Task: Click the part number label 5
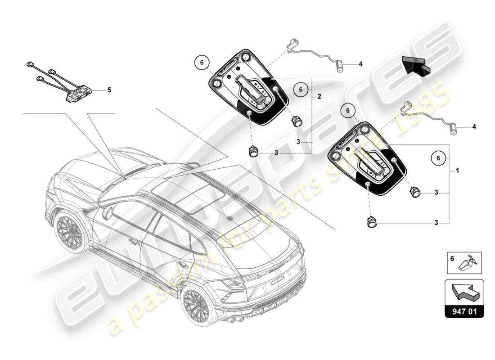108,90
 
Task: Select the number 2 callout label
319,96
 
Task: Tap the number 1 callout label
457,171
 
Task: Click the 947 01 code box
464,310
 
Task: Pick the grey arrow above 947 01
463,292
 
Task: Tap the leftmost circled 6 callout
202,63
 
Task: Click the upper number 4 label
360,64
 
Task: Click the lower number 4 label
474,127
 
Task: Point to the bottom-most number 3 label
436,222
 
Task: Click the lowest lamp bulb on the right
372,222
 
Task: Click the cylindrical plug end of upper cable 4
339,67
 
